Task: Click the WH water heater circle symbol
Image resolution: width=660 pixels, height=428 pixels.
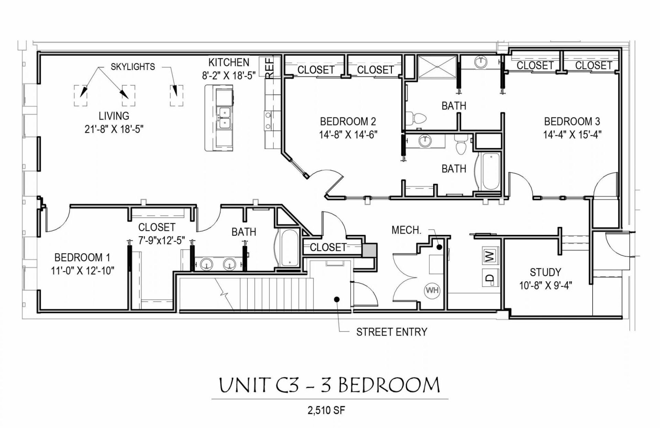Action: (x=432, y=290)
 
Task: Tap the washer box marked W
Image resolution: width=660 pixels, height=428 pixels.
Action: (x=489, y=255)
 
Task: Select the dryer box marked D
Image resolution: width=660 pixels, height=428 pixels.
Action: (x=489, y=278)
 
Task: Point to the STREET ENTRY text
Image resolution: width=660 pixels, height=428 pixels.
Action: (x=392, y=332)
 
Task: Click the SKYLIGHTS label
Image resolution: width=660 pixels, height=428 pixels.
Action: (x=133, y=67)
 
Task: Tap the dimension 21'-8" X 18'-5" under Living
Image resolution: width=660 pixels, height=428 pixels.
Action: (x=114, y=129)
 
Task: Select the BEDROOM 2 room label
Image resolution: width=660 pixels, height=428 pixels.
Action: (x=348, y=121)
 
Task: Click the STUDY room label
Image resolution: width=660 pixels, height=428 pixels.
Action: (x=545, y=272)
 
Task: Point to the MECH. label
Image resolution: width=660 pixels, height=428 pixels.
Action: (x=406, y=230)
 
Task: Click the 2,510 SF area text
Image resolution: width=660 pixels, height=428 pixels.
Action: (x=326, y=410)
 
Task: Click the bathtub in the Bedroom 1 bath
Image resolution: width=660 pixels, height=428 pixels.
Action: (x=289, y=248)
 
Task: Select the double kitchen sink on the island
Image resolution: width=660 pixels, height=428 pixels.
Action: (x=224, y=118)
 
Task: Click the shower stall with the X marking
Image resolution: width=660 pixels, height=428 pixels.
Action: (x=437, y=67)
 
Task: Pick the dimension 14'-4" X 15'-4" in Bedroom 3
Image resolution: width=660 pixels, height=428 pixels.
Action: (x=572, y=134)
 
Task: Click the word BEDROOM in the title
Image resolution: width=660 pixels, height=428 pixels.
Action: (x=389, y=385)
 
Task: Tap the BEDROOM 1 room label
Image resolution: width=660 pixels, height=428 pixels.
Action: (x=82, y=257)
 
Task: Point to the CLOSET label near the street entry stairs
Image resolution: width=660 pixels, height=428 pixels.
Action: (x=328, y=247)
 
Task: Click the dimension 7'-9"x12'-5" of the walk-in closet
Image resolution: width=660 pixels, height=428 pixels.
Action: (x=162, y=240)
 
